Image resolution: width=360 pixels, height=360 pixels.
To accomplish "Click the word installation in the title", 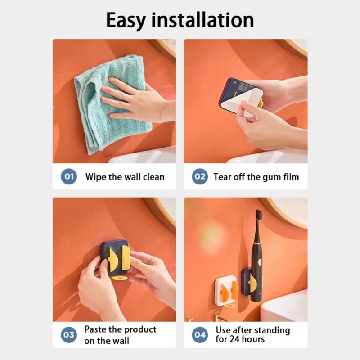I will [x=202, y=20].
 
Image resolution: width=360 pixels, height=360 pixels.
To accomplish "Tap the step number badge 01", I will [x=69, y=176].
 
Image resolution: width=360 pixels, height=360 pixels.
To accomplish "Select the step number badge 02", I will [x=200, y=176].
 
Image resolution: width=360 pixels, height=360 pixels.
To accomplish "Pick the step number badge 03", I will [x=69, y=334].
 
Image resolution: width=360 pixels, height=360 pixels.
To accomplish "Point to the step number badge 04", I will [x=200, y=334].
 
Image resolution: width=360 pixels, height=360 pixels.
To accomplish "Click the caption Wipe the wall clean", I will [x=125, y=177].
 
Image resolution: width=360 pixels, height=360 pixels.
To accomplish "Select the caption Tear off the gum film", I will [x=256, y=177].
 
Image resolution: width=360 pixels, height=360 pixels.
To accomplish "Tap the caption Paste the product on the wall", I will [x=120, y=335].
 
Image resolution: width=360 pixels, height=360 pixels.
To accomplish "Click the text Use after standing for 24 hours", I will [x=252, y=334].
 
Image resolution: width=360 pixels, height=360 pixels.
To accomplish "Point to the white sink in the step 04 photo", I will [x=286, y=306].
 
